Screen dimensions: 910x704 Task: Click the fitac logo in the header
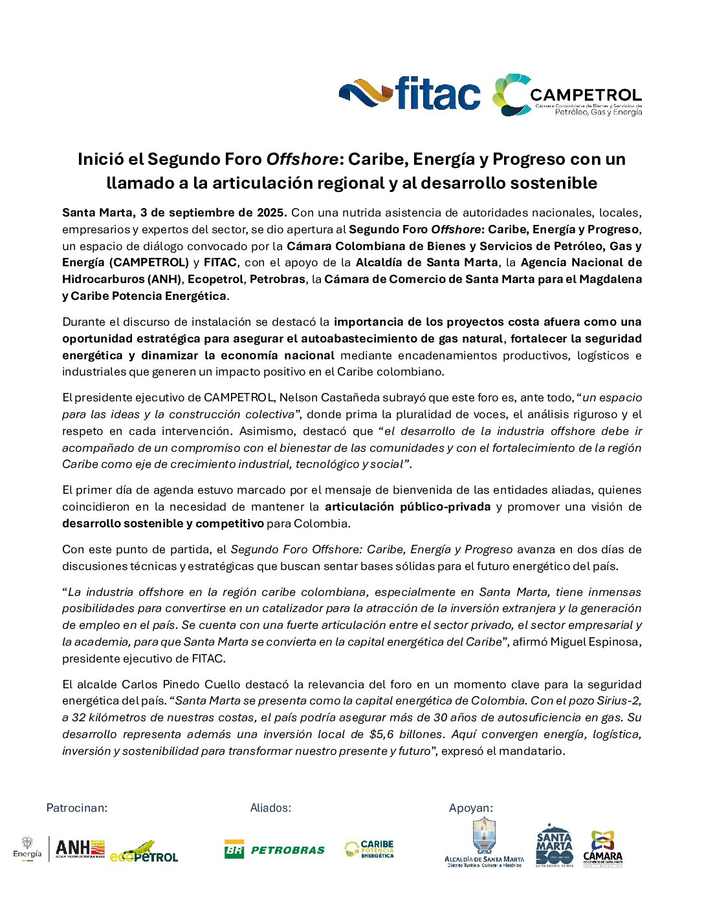tap(410, 94)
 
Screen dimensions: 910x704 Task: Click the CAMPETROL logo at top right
tap(567, 96)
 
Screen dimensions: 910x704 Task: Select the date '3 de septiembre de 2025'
tap(213, 213)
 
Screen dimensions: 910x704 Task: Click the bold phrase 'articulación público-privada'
tap(408, 507)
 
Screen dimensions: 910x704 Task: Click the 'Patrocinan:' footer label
tap(77, 808)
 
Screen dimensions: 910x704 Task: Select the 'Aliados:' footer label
tap(270, 808)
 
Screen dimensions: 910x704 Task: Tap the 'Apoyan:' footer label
tap(471, 808)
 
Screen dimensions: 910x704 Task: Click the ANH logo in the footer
tap(80, 849)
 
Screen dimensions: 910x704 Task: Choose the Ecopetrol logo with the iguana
tap(144, 852)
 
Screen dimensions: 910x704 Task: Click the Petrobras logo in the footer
tap(274, 850)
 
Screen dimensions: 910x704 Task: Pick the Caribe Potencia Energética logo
tap(369, 849)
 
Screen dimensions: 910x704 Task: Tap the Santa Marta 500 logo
tap(555, 845)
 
